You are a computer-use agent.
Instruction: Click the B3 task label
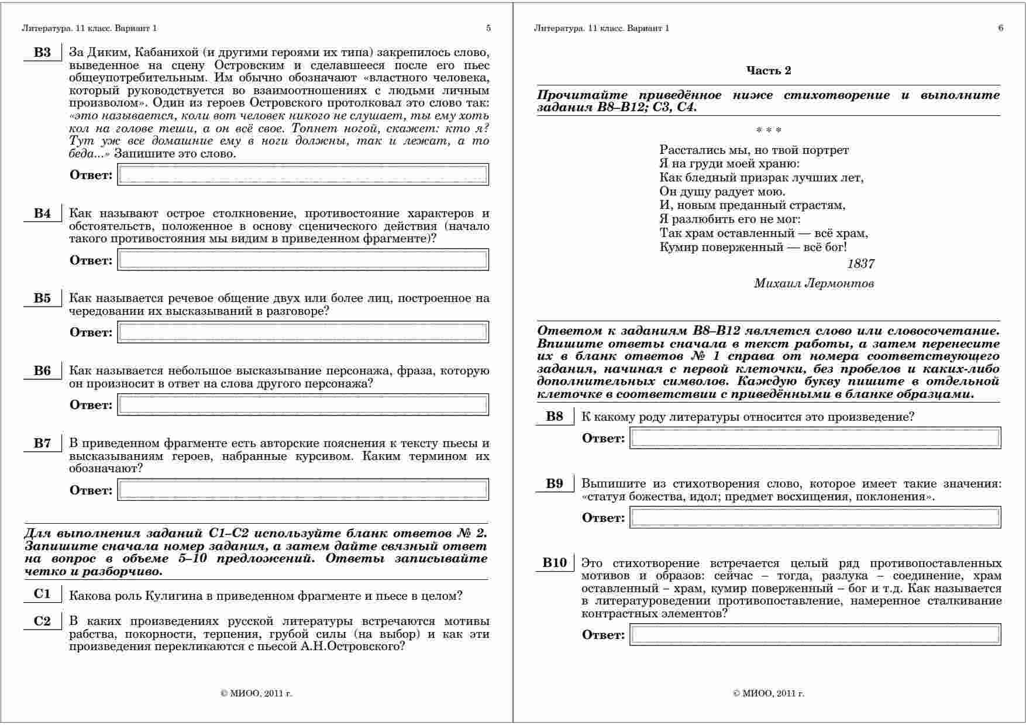point(42,53)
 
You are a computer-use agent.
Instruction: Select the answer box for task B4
point(303,260)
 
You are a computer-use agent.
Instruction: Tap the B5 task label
point(42,298)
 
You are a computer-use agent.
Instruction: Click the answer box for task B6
point(303,404)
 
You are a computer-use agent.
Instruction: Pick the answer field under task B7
point(303,490)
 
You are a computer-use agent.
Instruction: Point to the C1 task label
point(42,595)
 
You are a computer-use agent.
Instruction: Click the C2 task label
point(42,621)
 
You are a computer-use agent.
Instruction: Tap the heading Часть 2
point(768,71)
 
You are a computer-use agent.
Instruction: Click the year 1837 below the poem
point(860,264)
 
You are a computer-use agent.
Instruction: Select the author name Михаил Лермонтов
point(814,284)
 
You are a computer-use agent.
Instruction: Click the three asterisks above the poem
point(769,130)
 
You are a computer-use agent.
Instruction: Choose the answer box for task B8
point(815,438)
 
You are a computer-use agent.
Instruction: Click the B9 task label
point(555,484)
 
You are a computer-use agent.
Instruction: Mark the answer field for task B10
point(815,635)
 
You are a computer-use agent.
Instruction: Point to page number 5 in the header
point(488,28)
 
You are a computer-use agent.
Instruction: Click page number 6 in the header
point(1001,28)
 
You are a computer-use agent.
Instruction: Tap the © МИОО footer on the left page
point(256,694)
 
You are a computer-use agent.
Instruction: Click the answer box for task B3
point(303,174)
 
